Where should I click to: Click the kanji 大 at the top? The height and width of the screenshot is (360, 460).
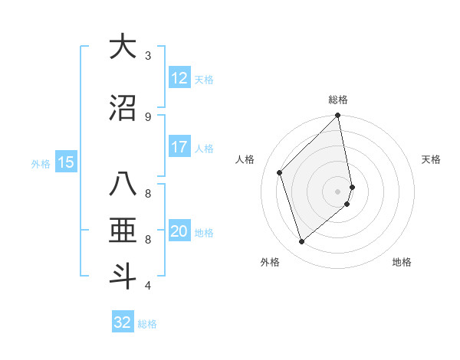click(x=123, y=47)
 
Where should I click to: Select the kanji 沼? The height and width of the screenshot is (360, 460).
click(x=123, y=108)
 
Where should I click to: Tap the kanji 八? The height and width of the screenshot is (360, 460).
click(x=123, y=186)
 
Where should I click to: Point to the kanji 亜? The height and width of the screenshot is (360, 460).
click(x=123, y=231)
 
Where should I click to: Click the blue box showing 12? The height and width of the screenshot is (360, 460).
click(x=179, y=78)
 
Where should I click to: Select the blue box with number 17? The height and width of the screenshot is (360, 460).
click(x=179, y=147)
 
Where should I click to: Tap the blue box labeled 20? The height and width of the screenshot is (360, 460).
click(x=179, y=231)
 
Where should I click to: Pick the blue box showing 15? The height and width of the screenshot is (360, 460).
click(x=66, y=162)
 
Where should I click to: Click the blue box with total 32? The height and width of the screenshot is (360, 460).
click(x=123, y=322)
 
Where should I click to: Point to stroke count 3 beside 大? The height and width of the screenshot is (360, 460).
click(x=148, y=55)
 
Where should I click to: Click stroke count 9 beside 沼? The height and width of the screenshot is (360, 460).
click(x=148, y=116)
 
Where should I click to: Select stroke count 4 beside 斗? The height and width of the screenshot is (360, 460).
click(x=148, y=286)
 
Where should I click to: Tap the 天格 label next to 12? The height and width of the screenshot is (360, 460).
click(x=204, y=79)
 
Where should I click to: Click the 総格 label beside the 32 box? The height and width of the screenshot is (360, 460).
click(x=147, y=324)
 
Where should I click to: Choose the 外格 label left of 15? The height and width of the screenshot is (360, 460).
click(x=41, y=162)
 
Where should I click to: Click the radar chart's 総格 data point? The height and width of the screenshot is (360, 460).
click(x=337, y=116)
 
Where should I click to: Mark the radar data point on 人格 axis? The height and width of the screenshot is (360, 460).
click(x=280, y=172)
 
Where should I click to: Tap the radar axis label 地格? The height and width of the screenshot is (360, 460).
click(x=402, y=262)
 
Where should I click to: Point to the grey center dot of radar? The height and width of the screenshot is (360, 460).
click(x=337, y=191)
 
